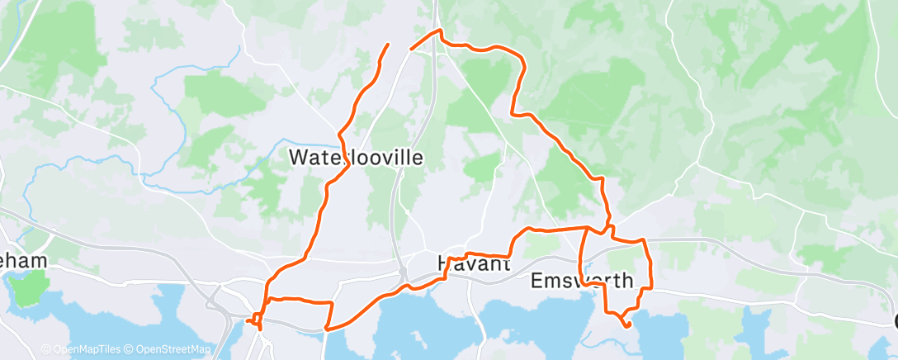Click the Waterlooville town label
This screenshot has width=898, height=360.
356,157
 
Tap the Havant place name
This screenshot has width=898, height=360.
473,264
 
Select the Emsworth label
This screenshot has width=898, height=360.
582,281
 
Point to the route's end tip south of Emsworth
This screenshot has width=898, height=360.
629,325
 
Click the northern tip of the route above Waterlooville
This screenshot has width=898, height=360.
388,44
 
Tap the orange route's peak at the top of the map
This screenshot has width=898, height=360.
441,31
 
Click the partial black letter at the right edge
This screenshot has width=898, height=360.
895,321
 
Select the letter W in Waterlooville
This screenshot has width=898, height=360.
298,157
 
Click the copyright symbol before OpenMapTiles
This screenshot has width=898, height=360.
46,349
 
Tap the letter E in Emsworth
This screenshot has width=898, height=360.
536,281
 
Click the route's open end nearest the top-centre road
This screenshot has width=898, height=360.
411,50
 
